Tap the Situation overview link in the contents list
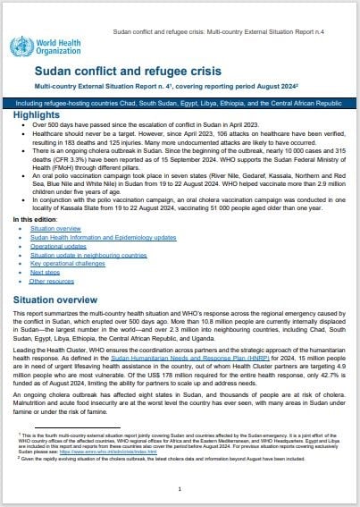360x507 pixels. pyautogui.click(x=55, y=230)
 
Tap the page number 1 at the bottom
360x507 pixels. pyautogui.click(x=180, y=489)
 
